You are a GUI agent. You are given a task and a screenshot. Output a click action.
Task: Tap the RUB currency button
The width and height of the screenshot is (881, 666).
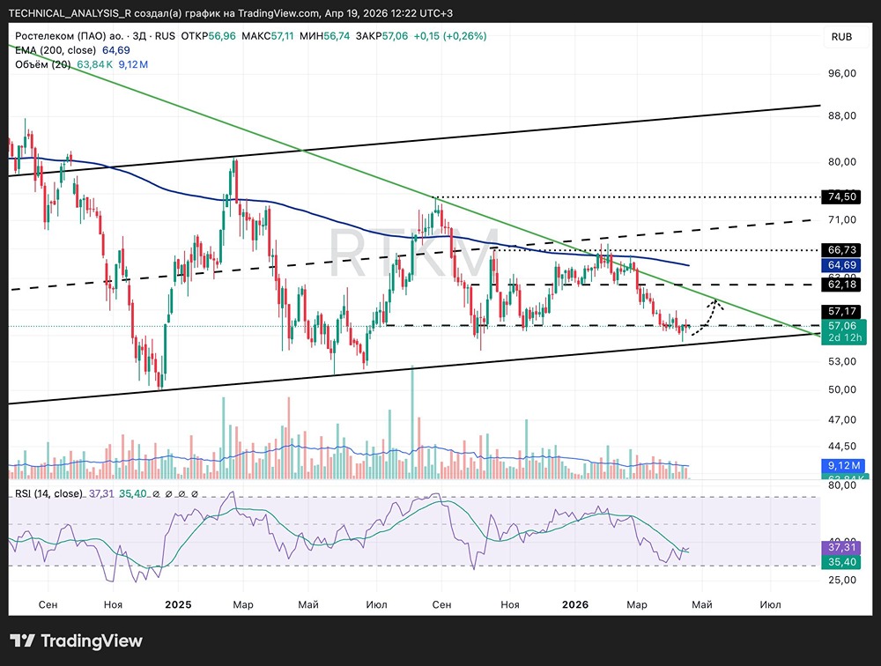840,36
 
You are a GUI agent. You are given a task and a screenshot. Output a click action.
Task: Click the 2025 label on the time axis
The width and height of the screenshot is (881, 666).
177,604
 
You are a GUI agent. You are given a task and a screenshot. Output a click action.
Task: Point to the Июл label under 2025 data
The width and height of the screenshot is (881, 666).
376,604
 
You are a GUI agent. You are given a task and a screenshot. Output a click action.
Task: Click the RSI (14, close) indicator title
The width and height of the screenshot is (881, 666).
48,493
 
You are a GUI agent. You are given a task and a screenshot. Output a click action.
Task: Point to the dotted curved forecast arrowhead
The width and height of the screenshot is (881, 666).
717,304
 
